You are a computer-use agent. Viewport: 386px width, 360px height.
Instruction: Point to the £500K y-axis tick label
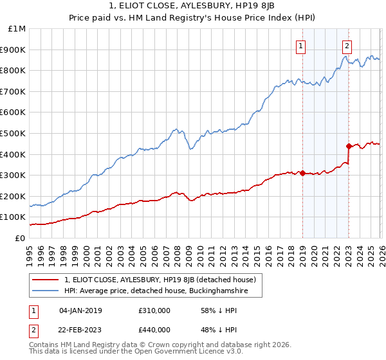(x=14, y=134)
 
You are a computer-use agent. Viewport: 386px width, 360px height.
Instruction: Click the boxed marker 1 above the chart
(x=301, y=46)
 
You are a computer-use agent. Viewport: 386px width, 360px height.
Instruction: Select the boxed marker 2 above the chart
(x=347, y=46)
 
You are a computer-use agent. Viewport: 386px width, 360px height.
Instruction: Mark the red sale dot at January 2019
(x=302, y=174)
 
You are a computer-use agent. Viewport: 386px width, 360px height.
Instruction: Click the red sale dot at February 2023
(x=349, y=146)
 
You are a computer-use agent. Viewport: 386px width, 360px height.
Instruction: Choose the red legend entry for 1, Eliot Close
(x=160, y=280)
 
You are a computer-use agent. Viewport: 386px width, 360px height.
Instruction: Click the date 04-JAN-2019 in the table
(x=80, y=310)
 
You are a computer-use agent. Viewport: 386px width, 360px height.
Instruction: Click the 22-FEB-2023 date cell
(x=80, y=330)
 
